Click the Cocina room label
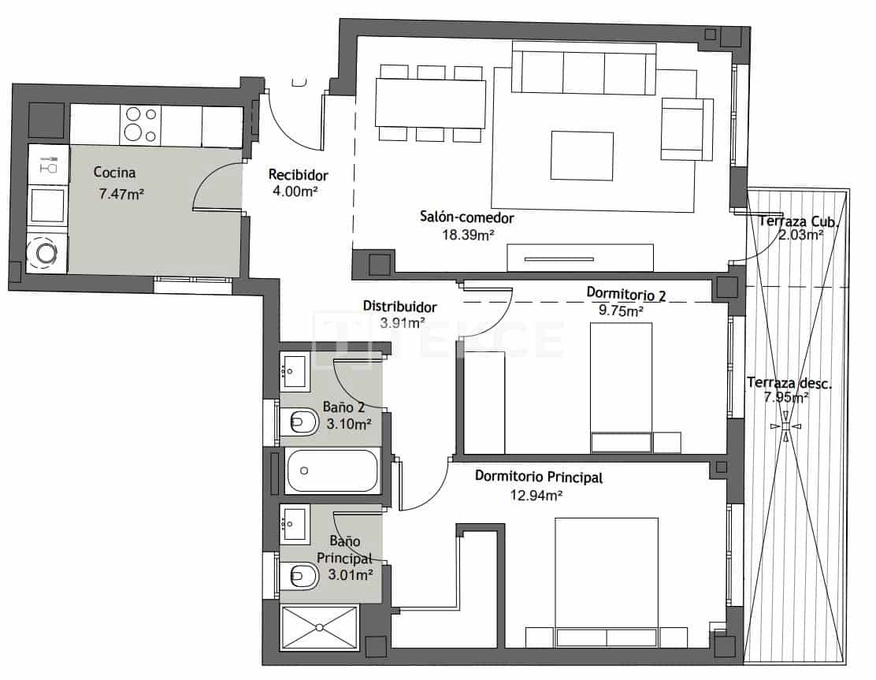[115, 172]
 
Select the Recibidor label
[298, 175]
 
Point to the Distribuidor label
[399, 306]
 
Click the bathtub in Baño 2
[333, 471]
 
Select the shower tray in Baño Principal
[320, 627]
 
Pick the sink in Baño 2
[295, 370]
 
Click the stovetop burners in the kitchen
[140, 125]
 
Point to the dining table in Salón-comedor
[430, 103]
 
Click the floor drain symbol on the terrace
[785, 427]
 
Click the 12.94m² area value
[536, 495]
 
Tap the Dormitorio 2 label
[626, 294]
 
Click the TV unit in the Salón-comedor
[581, 258]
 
